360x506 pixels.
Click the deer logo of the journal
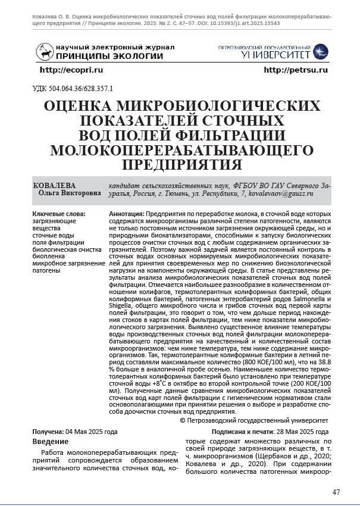coord(44,52)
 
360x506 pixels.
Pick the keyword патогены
coord(46,271)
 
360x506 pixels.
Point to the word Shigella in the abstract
coord(124,305)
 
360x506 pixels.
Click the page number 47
coord(336,492)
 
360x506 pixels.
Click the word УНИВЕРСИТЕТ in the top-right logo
coord(276,55)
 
